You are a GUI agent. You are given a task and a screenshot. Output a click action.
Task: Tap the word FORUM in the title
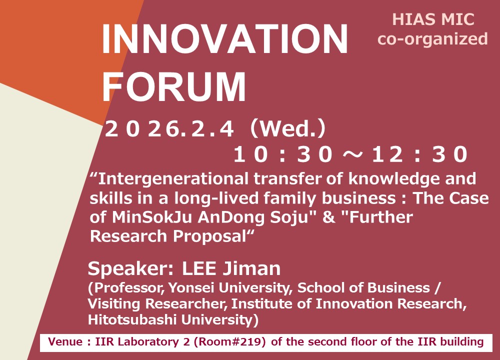tap(174, 86)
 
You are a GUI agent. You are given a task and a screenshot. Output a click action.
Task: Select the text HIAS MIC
tap(433, 19)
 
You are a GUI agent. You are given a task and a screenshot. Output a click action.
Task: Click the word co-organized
tap(432, 39)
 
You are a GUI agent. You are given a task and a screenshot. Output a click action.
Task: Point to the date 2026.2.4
tap(169, 129)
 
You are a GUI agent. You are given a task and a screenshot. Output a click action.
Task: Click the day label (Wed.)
tap(288, 128)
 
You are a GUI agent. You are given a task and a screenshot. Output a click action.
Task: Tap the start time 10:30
tap(283, 154)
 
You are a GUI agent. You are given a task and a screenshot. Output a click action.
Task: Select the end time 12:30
tap(419, 154)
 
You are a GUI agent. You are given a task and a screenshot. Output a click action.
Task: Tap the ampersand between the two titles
tap(328, 217)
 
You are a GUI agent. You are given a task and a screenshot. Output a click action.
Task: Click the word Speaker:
tap(130, 269)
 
